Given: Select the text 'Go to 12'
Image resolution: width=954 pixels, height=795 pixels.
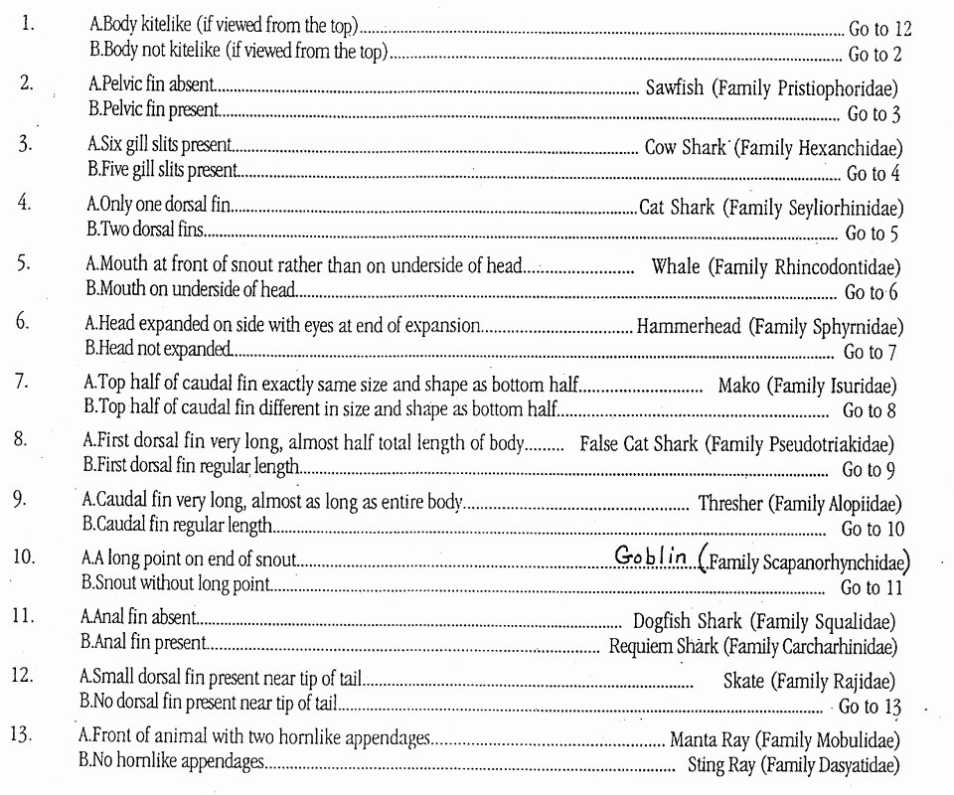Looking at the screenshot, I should pyautogui.click(x=880, y=27).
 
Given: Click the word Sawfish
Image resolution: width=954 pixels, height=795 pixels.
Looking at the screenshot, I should pyautogui.click(x=674, y=87).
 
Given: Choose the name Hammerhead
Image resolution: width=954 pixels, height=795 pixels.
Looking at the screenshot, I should pyautogui.click(x=689, y=326).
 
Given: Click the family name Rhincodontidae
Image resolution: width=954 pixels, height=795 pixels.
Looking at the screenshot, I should pyautogui.click(x=842, y=267).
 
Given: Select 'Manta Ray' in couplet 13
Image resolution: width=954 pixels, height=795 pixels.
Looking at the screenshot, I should pyautogui.click(x=711, y=740).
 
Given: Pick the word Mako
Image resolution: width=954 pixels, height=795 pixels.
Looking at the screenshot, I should pyautogui.click(x=738, y=386).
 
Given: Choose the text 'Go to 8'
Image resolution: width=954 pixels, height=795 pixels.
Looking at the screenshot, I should pyautogui.click(x=870, y=409).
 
